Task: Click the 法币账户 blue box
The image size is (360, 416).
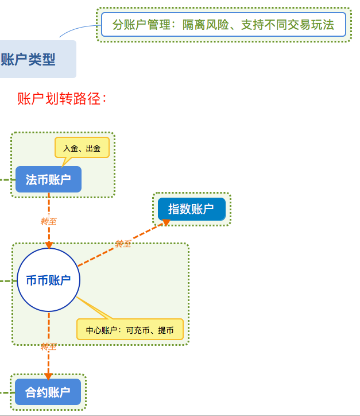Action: tap(48, 179)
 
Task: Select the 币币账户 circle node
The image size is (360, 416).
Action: tap(48, 280)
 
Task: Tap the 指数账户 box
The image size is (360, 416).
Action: tap(191, 209)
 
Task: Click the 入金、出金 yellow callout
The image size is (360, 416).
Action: tap(82, 148)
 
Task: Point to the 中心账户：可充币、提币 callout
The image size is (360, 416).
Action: tap(130, 330)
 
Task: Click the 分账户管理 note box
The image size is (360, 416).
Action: tap(223, 25)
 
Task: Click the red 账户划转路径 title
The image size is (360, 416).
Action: tap(62, 99)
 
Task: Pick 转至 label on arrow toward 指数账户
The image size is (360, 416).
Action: tap(123, 244)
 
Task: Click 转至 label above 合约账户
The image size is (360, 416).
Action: tap(48, 347)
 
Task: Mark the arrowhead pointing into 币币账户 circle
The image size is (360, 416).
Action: tap(49, 245)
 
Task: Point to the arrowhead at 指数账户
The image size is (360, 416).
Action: tap(167, 222)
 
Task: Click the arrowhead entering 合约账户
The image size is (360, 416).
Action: tap(48, 375)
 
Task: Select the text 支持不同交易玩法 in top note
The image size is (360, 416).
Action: tap(287, 25)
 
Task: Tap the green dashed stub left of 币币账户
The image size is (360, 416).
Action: tap(6, 281)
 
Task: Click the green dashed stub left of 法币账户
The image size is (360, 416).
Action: tap(5, 179)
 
